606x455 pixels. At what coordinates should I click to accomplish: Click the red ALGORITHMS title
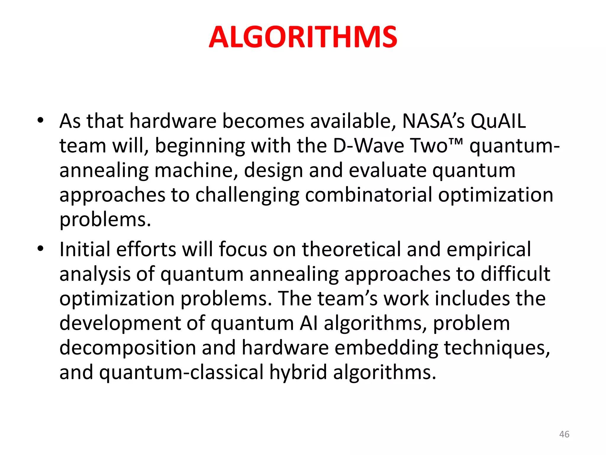pos(303,37)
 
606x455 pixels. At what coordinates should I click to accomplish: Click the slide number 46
pos(564,434)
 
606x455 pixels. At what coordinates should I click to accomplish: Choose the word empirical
pos(489,250)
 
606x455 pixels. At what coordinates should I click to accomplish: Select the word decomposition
pos(128,348)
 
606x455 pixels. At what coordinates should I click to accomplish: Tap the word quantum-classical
pos(181,372)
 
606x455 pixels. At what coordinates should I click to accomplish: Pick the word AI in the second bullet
pos(308,323)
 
